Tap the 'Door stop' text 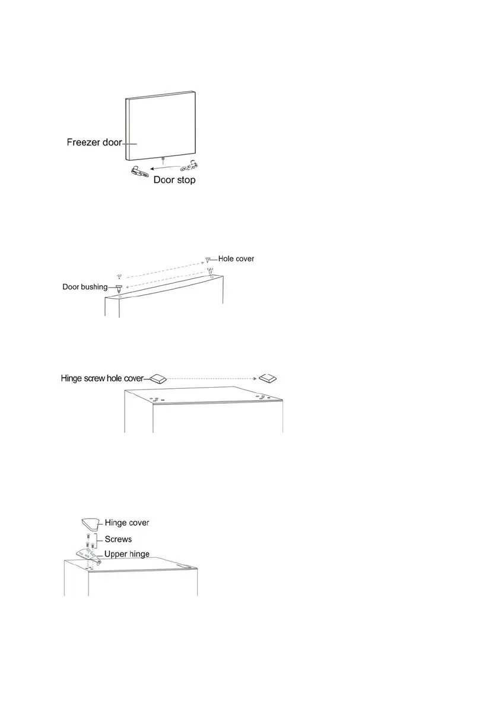point(174,180)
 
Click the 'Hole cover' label point(236,258)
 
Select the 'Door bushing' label point(85,287)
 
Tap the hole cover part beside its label point(208,260)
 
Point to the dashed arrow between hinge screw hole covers point(211,378)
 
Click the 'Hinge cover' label point(126,523)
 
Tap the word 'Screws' point(119,540)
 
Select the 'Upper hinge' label point(126,554)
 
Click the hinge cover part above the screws point(90,524)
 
